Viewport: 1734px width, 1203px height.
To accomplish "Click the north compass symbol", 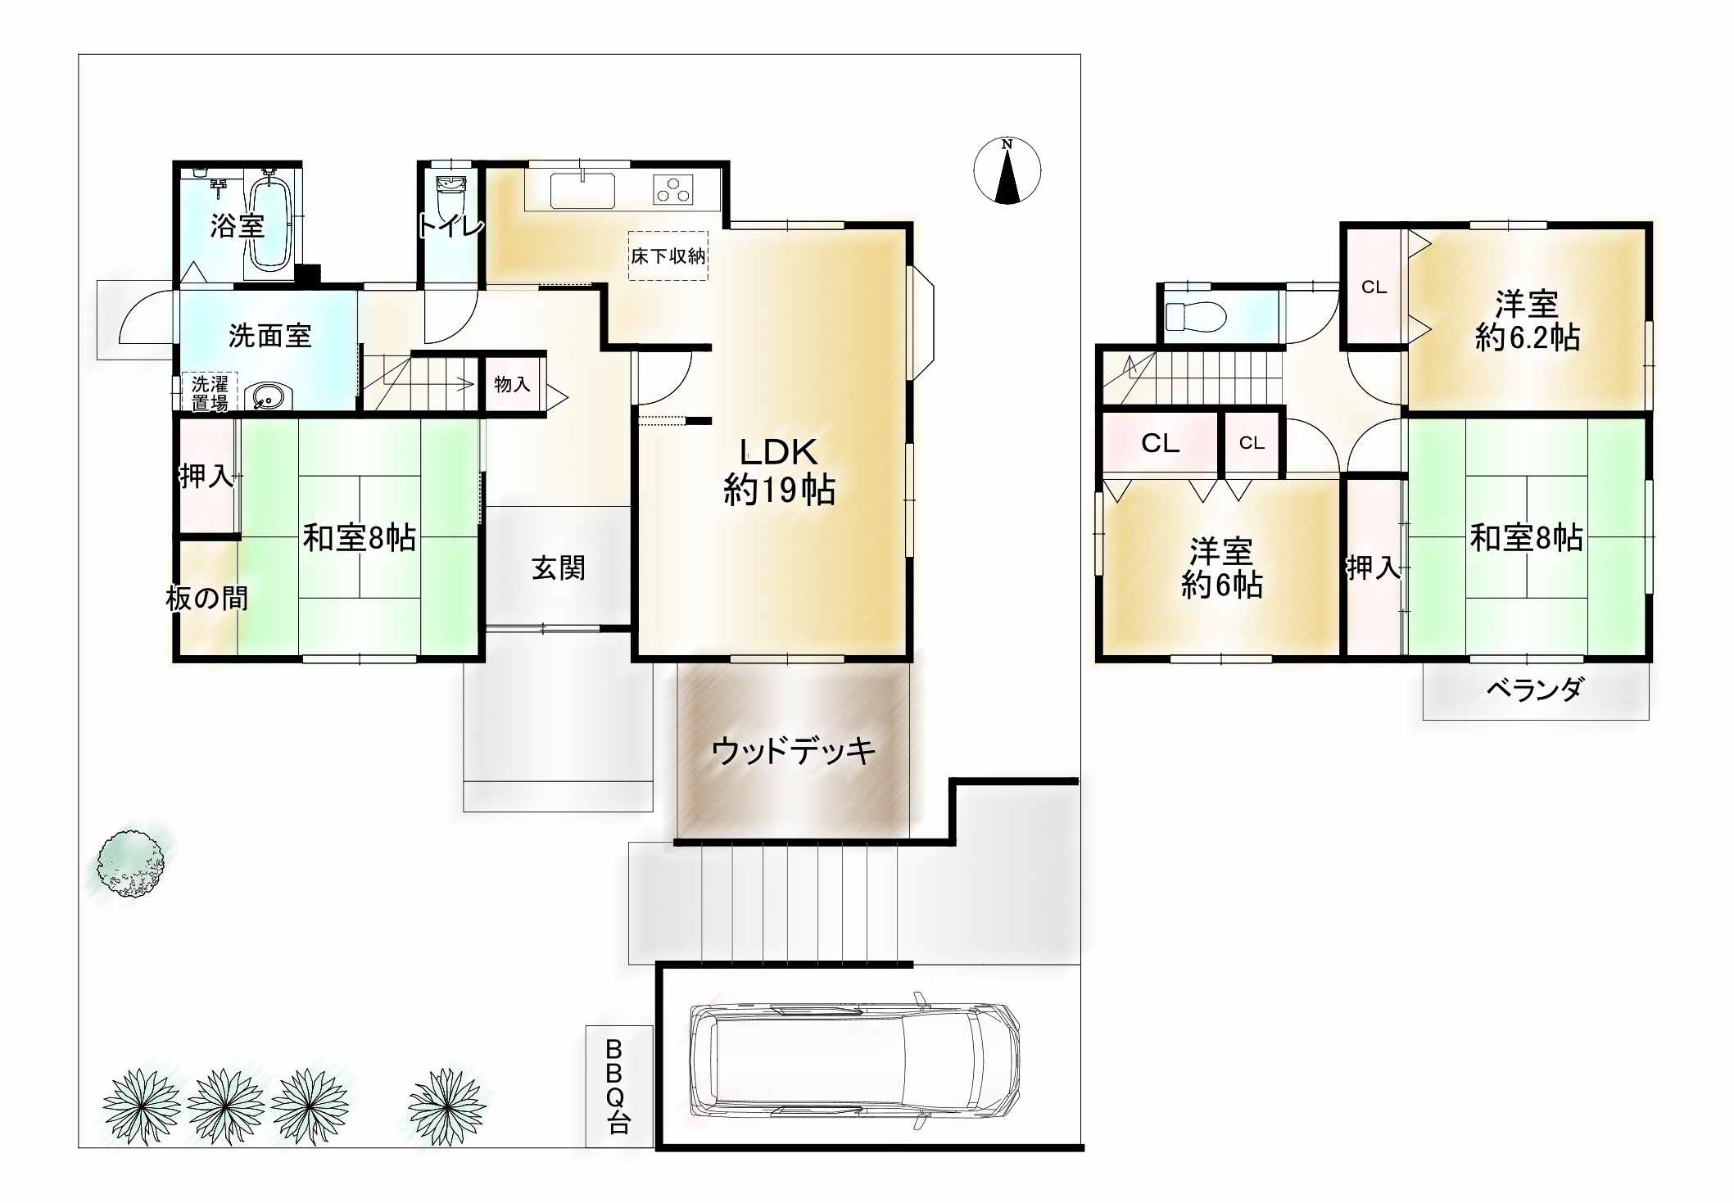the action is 1007,170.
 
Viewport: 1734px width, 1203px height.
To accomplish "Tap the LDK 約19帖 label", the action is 779,471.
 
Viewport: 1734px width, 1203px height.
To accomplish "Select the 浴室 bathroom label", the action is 237,225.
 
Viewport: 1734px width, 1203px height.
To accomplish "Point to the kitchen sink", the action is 582,190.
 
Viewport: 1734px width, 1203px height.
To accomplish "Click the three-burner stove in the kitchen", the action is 673,190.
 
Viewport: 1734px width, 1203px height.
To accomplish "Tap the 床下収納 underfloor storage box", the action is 668,256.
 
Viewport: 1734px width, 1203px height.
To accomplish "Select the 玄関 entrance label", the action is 559,568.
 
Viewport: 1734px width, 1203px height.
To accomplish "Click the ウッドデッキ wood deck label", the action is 793,750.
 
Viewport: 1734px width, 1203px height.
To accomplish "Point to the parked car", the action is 854,1061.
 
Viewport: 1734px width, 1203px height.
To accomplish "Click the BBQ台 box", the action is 619,1086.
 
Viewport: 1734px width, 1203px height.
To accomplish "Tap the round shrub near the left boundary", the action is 130,863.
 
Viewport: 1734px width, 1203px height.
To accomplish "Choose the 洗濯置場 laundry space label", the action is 210,393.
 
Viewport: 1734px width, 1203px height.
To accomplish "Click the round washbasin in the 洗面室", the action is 266,398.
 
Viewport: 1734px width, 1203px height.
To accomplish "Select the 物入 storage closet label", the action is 512,384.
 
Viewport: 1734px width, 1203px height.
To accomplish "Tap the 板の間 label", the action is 207,599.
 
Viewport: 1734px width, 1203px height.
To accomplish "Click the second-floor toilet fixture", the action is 1195,315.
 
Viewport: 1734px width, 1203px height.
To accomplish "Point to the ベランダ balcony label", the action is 1535,690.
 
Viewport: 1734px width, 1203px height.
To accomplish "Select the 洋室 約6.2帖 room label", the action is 1527,320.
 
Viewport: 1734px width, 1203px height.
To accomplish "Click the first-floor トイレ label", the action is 451,225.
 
